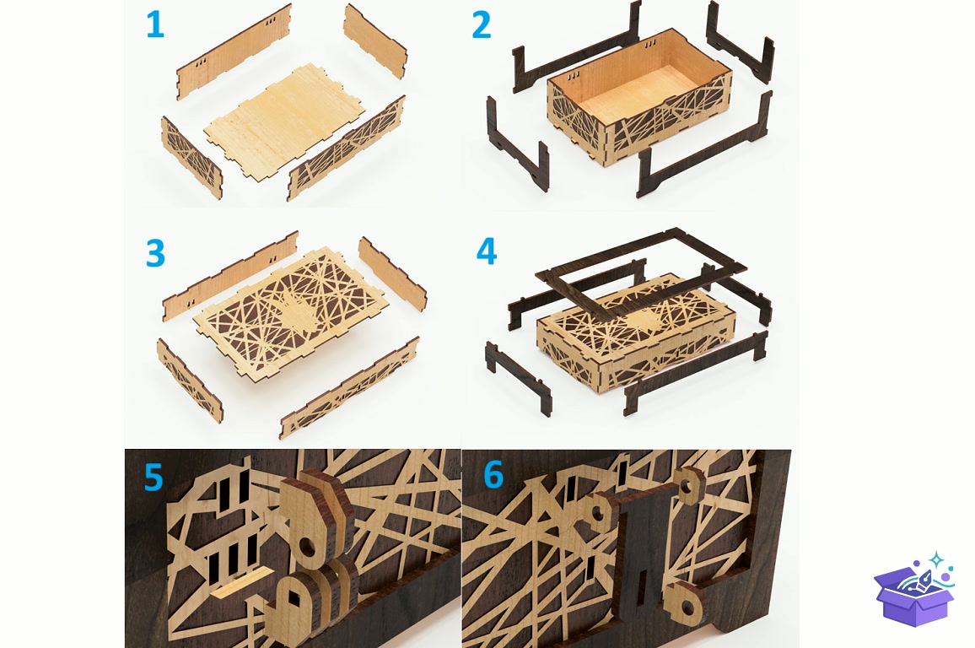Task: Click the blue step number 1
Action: (155, 24)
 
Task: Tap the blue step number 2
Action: (482, 24)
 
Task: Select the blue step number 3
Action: (155, 253)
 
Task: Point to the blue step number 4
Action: (487, 251)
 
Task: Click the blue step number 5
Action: (154, 477)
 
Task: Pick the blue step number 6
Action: (493, 475)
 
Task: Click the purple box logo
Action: (913, 588)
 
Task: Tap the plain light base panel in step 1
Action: (285, 122)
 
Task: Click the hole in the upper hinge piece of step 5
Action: (306, 548)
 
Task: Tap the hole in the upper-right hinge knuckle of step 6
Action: (687, 483)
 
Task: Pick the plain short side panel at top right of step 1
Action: (375, 40)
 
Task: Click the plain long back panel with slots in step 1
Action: (234, 52)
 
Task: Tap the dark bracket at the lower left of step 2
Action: (517, 143)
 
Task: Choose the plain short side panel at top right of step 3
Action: (392, 273)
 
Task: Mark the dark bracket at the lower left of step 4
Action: (518, 378)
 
